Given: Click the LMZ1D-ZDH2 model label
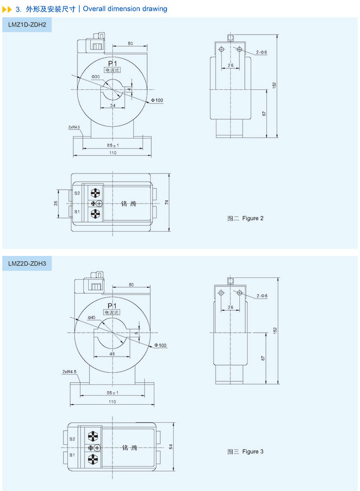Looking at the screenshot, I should (27, 25).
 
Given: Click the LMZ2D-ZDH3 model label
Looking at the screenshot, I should (27, 264).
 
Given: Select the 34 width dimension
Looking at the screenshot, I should (112, 106).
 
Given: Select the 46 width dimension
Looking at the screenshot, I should (112, 354).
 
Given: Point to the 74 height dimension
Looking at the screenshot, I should (166, 203).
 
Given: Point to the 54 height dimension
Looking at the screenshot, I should (171, 447).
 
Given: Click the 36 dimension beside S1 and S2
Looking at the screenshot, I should (56, 203).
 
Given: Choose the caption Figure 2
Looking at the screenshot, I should (246, 219).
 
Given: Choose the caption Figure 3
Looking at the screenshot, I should (246, 451).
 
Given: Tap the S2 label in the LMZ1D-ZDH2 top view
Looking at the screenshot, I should (77, 193).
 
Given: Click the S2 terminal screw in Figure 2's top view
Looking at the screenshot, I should (95, 194).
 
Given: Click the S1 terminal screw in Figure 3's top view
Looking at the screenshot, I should (92, 459).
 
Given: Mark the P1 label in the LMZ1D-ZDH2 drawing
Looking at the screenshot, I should (112, 63).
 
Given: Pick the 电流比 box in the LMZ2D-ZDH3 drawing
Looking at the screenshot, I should (112, 312).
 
